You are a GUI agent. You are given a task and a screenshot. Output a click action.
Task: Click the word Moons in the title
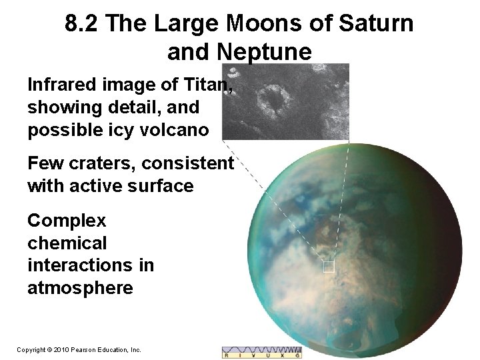[281, 24]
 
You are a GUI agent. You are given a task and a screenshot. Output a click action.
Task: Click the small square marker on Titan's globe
[328, 267]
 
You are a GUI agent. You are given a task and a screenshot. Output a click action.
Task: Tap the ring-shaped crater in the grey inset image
[272, 99]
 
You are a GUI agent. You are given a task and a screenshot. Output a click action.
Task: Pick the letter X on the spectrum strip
[281, 356]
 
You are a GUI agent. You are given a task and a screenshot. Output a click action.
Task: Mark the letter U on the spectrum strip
[268, 356]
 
